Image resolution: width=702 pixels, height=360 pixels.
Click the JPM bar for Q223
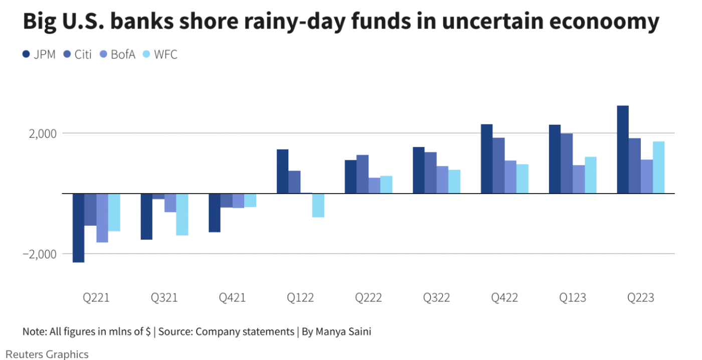point(623,149)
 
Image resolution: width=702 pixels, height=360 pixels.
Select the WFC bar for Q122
point(318,205)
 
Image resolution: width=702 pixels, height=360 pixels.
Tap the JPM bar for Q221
point(78,228)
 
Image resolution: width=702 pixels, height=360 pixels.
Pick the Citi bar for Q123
point(567,163)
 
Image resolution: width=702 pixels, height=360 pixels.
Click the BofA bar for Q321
point(170,203)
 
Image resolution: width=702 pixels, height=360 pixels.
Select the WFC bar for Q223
point(658,167)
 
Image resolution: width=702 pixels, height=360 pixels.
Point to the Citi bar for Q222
point(363,174)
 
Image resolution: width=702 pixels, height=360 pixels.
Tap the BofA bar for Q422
point(510,177)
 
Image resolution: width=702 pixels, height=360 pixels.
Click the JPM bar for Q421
point(215,213)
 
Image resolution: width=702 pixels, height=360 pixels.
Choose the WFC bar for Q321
point(182,214)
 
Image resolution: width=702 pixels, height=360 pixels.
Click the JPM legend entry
point(39,55)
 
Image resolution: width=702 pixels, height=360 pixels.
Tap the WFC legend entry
point(160,55)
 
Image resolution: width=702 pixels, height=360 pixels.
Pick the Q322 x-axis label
point(436,298)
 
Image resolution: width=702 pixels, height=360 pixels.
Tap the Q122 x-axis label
point(300,298)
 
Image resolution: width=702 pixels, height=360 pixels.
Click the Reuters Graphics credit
point(47,354)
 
